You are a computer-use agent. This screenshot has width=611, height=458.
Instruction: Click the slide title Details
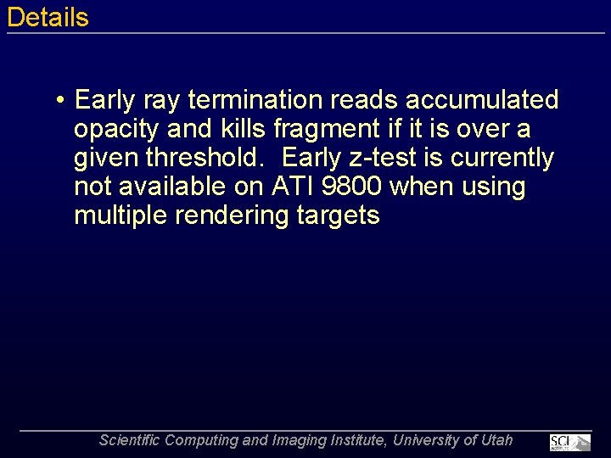click(48, 17)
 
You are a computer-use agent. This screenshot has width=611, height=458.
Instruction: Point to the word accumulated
click(482, 100)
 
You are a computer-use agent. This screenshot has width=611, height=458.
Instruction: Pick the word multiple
click(121, 215)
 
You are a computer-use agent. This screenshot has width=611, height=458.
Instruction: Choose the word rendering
click(233, 215)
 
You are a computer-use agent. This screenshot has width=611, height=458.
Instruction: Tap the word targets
click(339, 215)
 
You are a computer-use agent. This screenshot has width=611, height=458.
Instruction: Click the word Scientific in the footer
click(129, 440)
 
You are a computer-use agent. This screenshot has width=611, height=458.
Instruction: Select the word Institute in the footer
click(348, 440)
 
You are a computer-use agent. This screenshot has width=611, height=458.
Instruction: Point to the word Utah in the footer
click(497, 440)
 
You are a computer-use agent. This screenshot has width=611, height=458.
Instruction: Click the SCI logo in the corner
click(569, 442)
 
